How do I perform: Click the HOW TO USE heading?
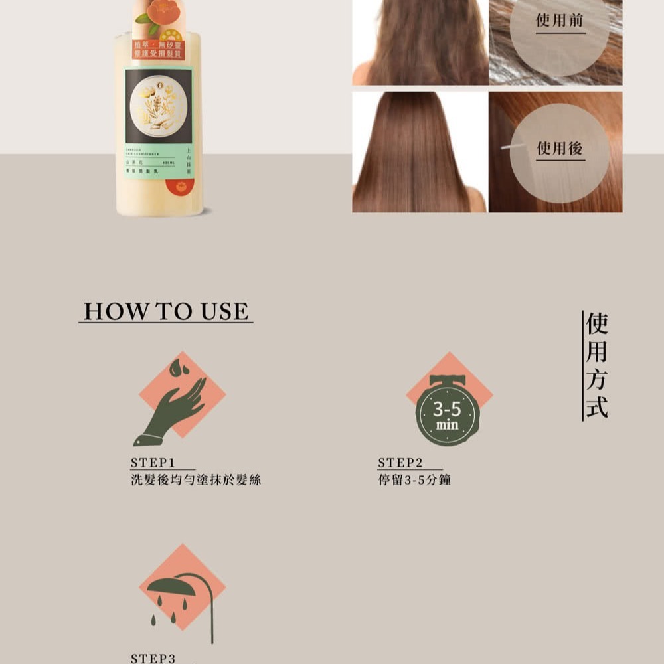click(x=165, y=311)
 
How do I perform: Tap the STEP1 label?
click(x=153, y=462)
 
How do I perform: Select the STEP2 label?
click(x=400, y=462)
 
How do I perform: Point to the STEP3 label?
click(x=153, y=657)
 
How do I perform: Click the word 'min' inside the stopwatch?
click(x=447, y=424)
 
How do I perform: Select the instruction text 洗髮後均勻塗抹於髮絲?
click(x=196, y=479)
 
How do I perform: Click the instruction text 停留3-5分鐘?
click(x=414, y=479)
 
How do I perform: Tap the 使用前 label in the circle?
click(x=560, y=21)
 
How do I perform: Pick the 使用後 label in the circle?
click(x=560, y=148)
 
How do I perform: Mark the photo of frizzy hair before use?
click(x=420, y=42)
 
